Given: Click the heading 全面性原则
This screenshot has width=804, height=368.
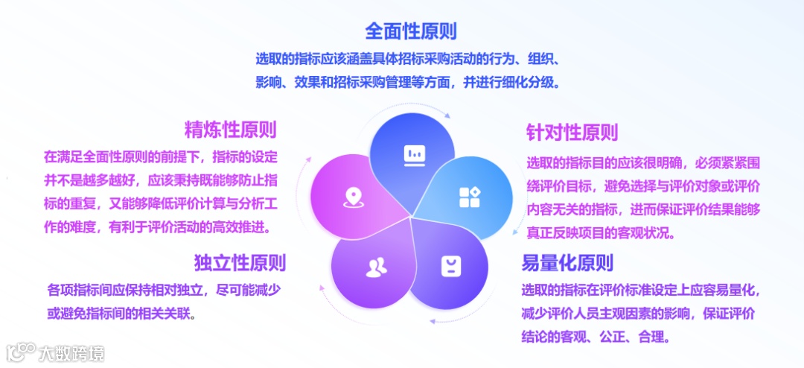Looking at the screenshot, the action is click(410, 31).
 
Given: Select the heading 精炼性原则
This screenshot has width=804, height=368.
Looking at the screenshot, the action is click(230, 130).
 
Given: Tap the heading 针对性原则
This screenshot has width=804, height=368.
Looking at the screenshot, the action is click(572, 133).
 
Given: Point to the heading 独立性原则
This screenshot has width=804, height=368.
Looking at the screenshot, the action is click(239, 262).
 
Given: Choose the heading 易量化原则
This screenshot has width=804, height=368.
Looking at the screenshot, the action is click(567, 263).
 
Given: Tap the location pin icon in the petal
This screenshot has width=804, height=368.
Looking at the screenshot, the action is click(351, 197).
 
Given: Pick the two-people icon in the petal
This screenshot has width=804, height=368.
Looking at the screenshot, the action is click(376, 267).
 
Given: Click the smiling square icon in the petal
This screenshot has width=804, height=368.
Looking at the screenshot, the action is click(450, 266).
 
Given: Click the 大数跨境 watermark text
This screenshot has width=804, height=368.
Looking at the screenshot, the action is click(72, 353).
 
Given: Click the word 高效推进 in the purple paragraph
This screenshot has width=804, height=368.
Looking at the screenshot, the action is click(244, 226).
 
